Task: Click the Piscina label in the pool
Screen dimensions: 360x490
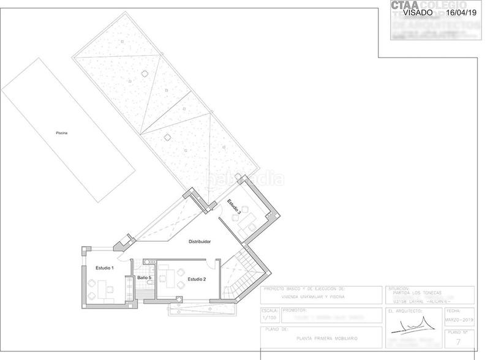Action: click(61, 132)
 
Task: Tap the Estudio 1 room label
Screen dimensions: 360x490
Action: click(105, 268)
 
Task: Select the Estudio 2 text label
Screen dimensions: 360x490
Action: click(197, 279)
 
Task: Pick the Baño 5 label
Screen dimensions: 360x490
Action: click(144, 278)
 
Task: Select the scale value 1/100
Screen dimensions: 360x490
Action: click(269, 318)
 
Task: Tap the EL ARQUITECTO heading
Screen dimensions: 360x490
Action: click(404, 311)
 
